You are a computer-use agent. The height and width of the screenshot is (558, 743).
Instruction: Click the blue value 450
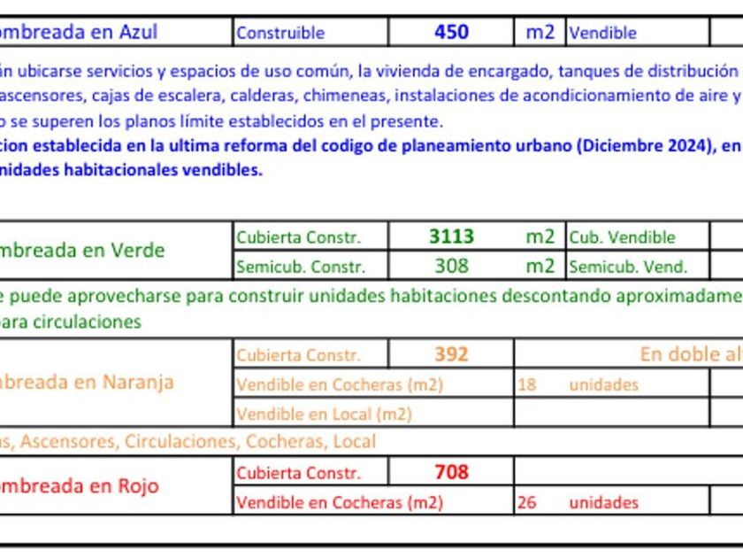click(451, 33)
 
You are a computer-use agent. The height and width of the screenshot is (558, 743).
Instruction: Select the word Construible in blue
click(280, 34)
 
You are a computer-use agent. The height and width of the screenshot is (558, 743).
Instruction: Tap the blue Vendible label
click(602, 34)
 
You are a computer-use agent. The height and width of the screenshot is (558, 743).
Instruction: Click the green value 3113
click(451, 236)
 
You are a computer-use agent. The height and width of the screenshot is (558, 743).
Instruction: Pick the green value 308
click(451, 265)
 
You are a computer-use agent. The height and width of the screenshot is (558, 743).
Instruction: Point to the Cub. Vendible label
click(622, 237)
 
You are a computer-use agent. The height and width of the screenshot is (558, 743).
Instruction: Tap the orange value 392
click(451, 354)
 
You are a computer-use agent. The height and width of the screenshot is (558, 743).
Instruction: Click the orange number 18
click(526, 385)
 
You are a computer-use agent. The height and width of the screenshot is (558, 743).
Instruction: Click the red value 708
click(451, 472)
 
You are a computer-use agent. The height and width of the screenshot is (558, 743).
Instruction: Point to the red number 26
click(526, 503)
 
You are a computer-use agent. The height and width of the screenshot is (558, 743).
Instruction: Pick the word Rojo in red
click(138, 485)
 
